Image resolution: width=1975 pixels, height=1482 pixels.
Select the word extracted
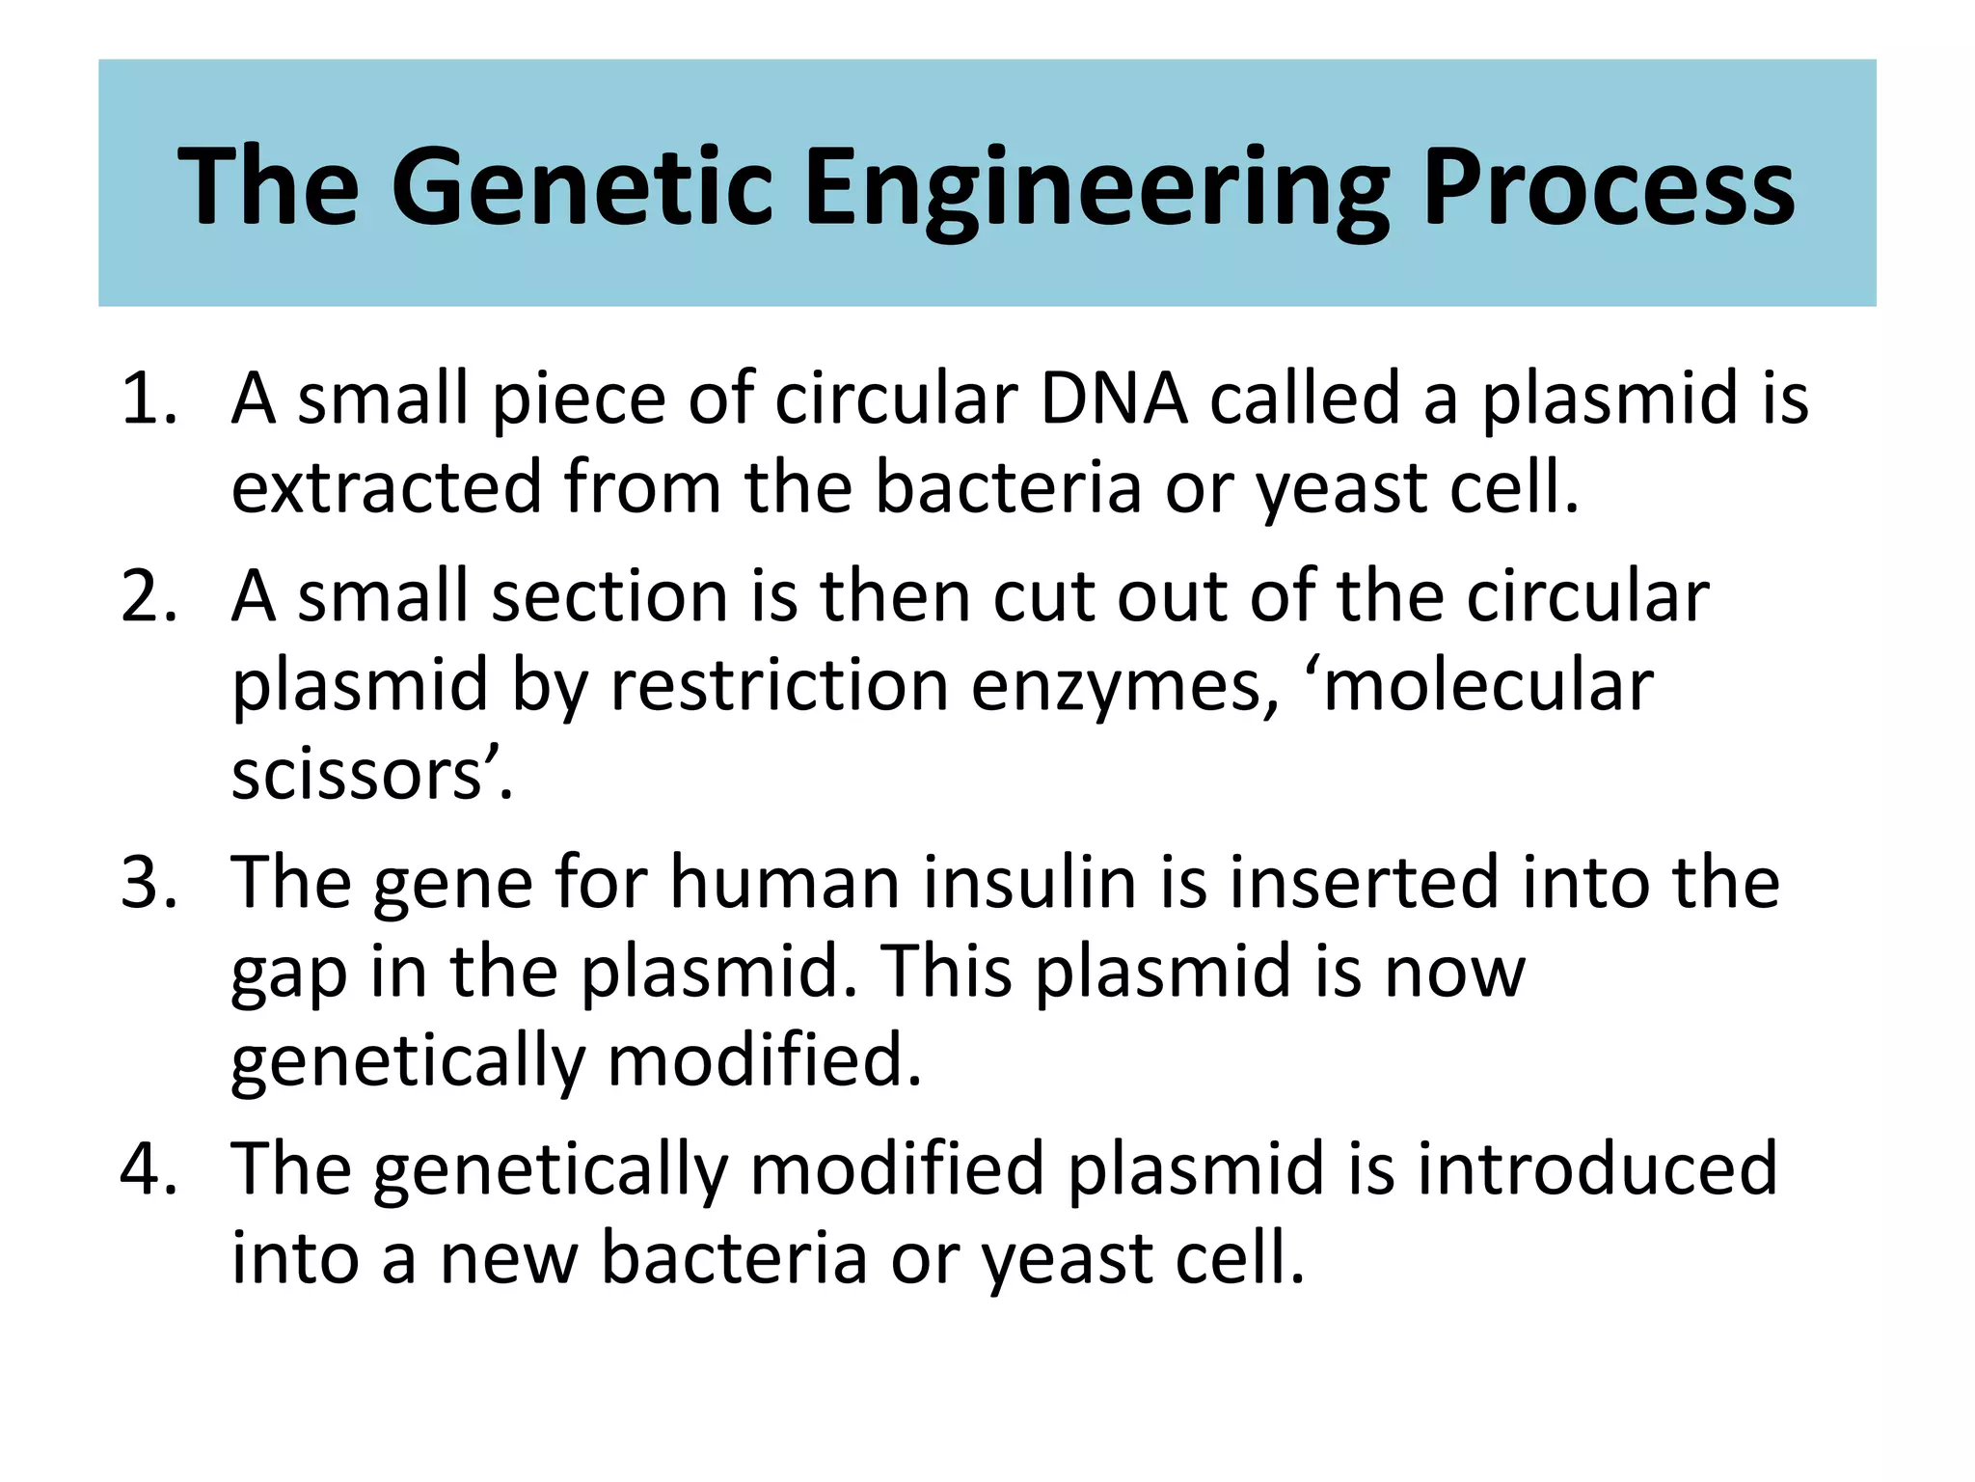pos(387,487)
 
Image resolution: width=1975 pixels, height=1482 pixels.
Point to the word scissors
pos(357,775)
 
